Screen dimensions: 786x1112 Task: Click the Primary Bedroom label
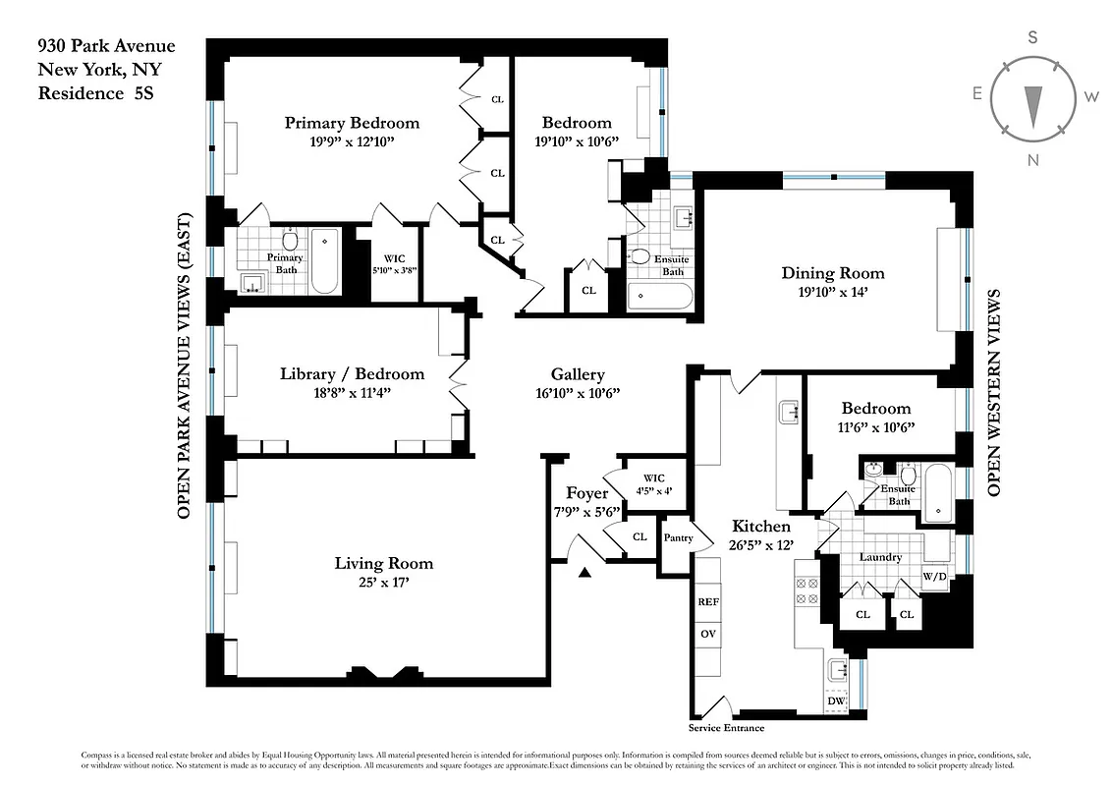tap(352, 123)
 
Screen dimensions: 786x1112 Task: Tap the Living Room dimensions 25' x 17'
tap(383, 583)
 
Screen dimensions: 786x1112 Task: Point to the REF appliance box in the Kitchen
tap(708, 601)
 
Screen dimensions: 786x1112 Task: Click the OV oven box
tap(708, 634)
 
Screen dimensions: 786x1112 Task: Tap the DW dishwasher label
tap(836, 701)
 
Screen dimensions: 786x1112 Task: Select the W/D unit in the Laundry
tap(933, 576)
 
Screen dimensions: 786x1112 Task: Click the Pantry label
tap(678, 537)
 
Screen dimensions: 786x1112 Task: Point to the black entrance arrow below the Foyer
tap(584, 574)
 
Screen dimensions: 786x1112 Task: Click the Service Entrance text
tap(726, 728)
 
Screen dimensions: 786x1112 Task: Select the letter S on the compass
tap(1032, 38)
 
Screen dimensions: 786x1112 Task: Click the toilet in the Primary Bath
tap(291, 240)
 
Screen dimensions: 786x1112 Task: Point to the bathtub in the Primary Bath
tap(325, 261)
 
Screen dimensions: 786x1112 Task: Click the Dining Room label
tap(832, 273)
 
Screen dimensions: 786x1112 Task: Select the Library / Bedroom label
tap(352, 373)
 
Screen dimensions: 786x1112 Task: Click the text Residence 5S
tap(96, 93)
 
